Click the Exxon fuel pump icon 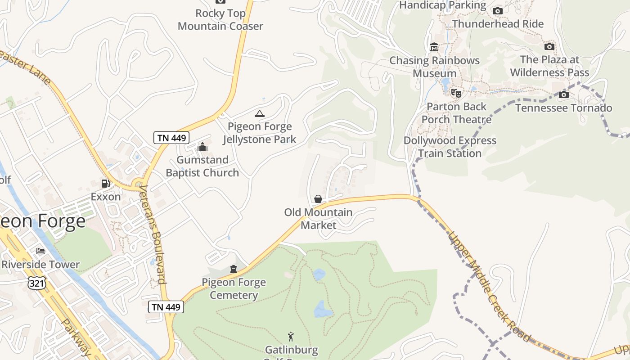[x=105, y=184]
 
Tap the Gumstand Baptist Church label [x=202, y=166]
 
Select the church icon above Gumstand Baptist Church [x=202, y=147]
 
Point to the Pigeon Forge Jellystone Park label [x=260, y=133]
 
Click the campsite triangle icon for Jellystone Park [x=259, y=113]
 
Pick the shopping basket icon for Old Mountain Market [x=318, y=199]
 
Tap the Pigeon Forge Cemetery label [x=234, y=289]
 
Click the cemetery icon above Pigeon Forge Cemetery [x=234, y=269]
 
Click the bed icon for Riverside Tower [x=40, y=251]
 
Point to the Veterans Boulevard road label [x=153, y=234]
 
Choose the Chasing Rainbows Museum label [x=435, y=67]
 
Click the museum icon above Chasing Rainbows [x=434, y=47]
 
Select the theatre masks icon [x=456, y=93]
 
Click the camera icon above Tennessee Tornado [x=563, y=94]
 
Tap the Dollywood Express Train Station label [x=450, y=147]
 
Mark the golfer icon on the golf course [x=291, y=336]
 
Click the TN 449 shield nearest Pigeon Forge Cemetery [x=166, y=307]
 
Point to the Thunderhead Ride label [x=498, y=24]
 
